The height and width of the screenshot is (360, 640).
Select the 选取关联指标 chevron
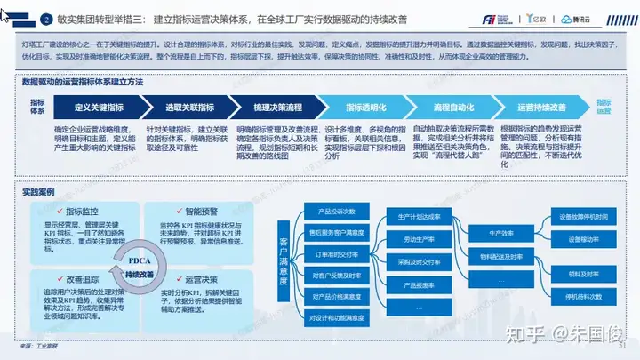pos(189,108)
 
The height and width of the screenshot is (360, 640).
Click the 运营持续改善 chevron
pos(538,108)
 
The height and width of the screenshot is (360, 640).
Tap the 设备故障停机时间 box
pos(583,217)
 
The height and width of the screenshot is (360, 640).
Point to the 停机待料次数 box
pos(583,295)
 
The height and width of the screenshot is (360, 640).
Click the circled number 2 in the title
pos(46,19)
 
